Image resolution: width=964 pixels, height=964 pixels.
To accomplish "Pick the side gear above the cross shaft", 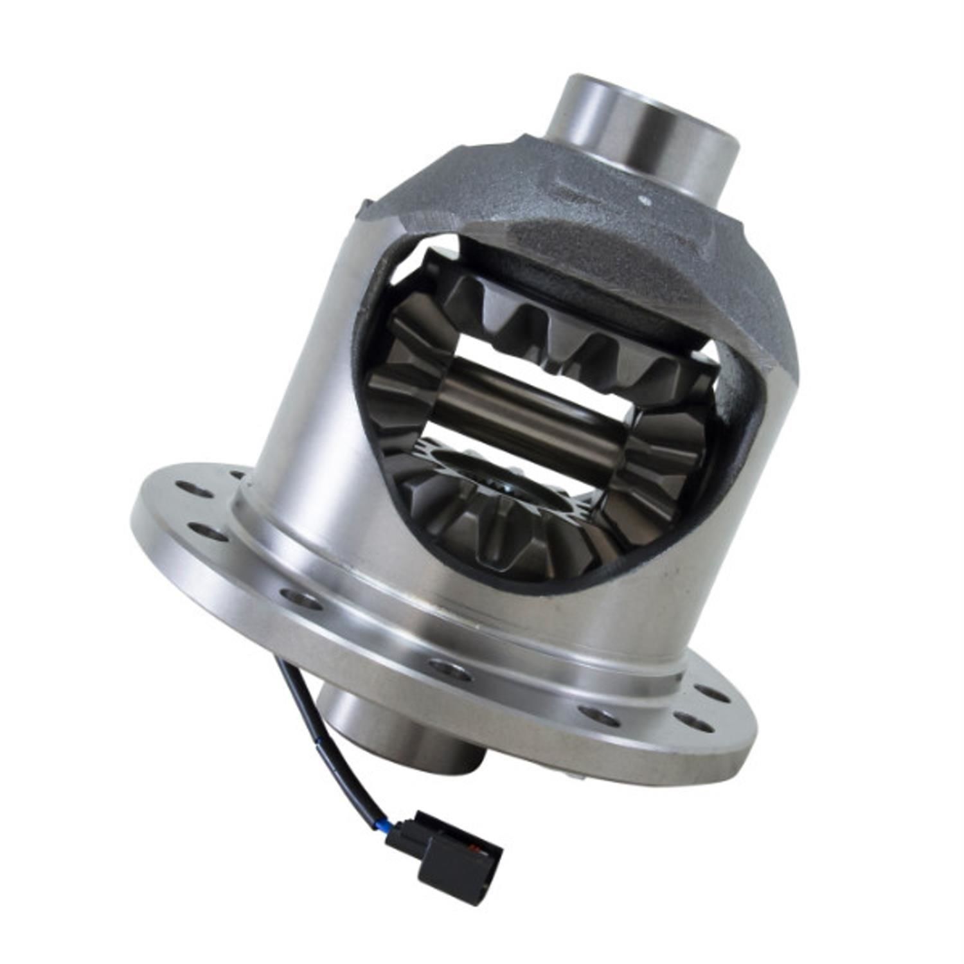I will (566, 334).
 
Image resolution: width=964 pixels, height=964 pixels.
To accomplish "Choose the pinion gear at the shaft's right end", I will (668, 450).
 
